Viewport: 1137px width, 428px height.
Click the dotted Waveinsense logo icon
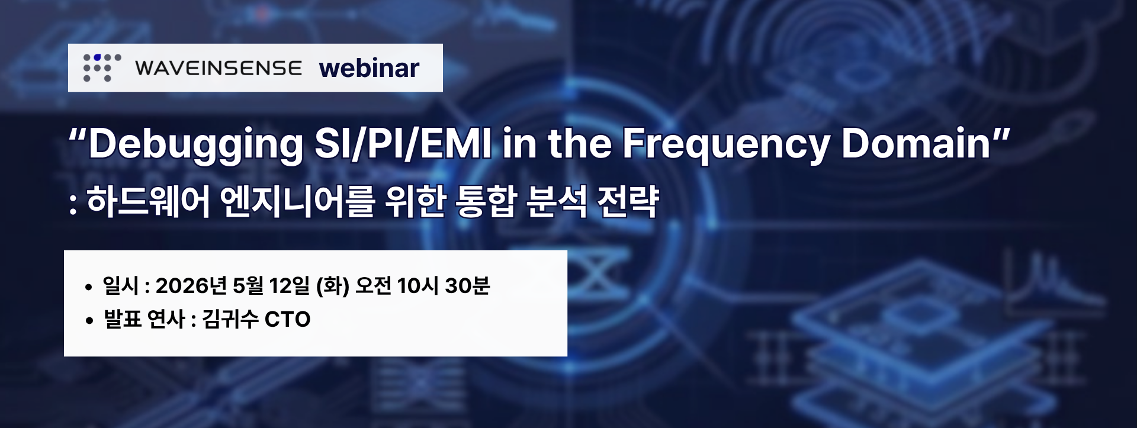tap(102, 67)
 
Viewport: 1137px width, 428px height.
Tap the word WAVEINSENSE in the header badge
tap(218, 69)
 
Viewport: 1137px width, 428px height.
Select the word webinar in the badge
tap(369, 68)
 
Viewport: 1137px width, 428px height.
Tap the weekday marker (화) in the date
tap(333, 286)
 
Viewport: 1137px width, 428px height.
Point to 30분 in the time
tap(467, 286)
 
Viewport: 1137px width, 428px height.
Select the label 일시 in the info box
tap(121, 286)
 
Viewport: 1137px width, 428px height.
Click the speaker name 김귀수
tap(230, 320)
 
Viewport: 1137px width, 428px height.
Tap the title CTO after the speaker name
tap(288, 320)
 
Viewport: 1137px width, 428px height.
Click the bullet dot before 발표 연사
tap(89, 321)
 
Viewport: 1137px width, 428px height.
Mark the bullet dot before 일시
tap(89, 288)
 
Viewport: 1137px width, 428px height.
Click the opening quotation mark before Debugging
tap(78, 135)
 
